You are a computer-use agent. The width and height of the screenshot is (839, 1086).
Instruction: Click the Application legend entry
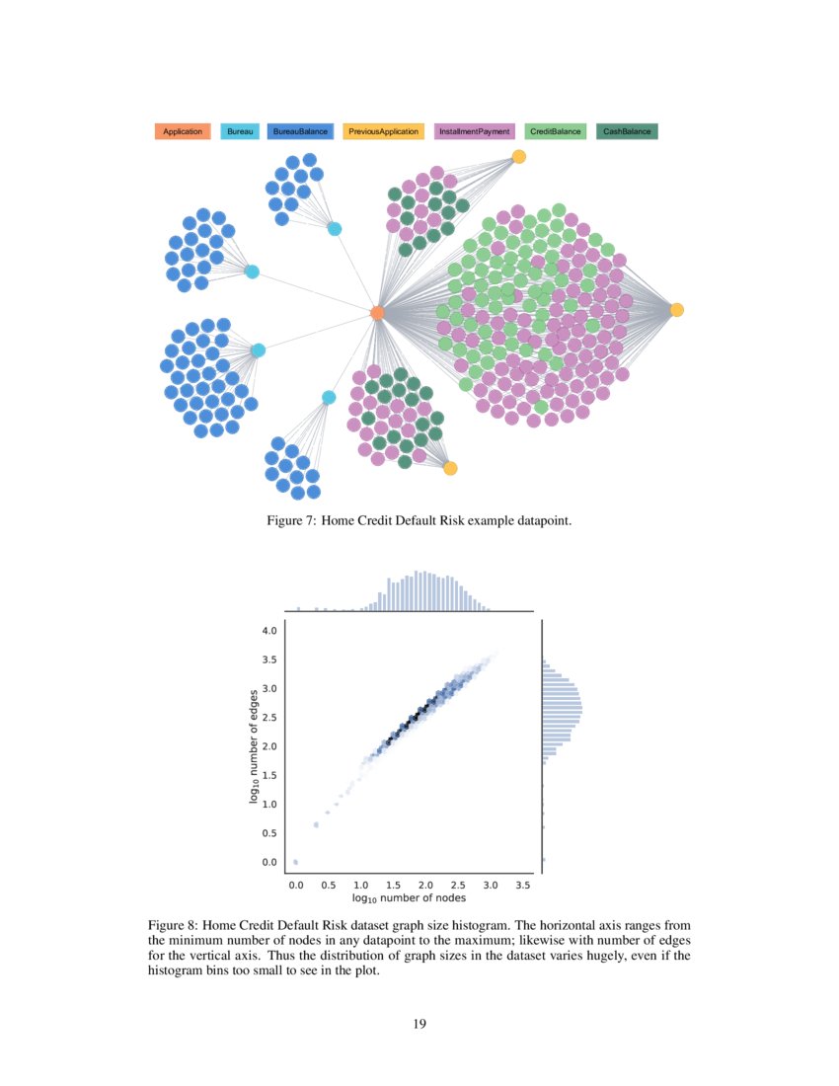pos(183,131)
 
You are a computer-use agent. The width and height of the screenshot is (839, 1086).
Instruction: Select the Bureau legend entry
pos(240,131)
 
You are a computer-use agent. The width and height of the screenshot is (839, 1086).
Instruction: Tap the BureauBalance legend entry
pos(300,131)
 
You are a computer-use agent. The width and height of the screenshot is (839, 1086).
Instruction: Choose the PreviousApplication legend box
pos(383,131)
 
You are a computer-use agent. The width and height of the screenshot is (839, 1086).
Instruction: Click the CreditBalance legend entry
pos(555,131)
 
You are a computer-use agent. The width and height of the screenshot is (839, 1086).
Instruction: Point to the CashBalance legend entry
pos(627,131)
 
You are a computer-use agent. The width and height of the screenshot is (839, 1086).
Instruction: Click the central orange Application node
pos(376,313)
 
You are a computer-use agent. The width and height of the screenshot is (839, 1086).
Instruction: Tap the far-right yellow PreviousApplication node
pos(677,310)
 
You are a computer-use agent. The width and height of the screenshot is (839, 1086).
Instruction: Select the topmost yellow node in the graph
pos(519,156)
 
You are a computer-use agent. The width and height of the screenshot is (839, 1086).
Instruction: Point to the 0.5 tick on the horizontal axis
pos(329,886)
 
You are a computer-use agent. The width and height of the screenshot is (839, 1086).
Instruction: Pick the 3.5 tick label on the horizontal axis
pos(524,886)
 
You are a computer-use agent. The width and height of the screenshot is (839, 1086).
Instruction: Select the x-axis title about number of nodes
pos(409,899)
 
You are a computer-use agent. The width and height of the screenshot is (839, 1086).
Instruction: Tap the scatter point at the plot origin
pos(296,862)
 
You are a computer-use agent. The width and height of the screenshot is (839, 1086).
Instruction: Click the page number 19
pos(419,1023)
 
